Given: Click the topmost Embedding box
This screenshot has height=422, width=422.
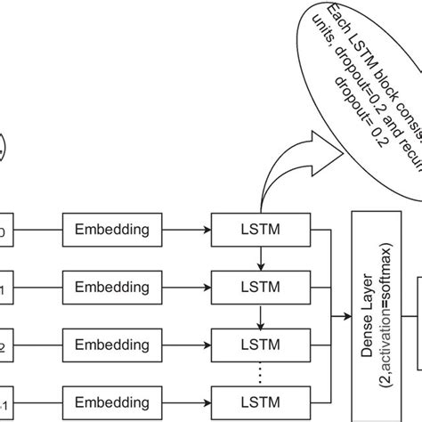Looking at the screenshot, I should (x=111, y=229).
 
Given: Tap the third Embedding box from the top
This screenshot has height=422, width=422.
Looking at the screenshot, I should (x=111, y=344).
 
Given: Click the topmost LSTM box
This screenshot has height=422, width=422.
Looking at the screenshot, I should (x=261, y=229).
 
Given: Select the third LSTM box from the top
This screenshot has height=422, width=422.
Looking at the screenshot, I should (x=261, y=344).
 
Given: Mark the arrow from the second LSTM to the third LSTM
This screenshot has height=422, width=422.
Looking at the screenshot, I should (x=261, y=315).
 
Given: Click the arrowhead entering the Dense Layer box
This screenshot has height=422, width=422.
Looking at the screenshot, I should (x=346, y=315).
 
